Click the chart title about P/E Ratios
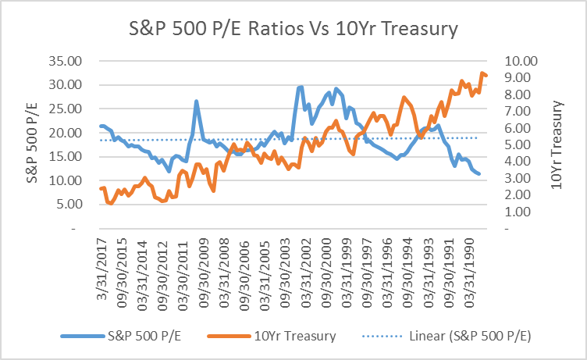[293, 29]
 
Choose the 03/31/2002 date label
[298, 269]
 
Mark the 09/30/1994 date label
[413, 269]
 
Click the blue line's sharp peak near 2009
[196, 102]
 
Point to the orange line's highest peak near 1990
[482, 73]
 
